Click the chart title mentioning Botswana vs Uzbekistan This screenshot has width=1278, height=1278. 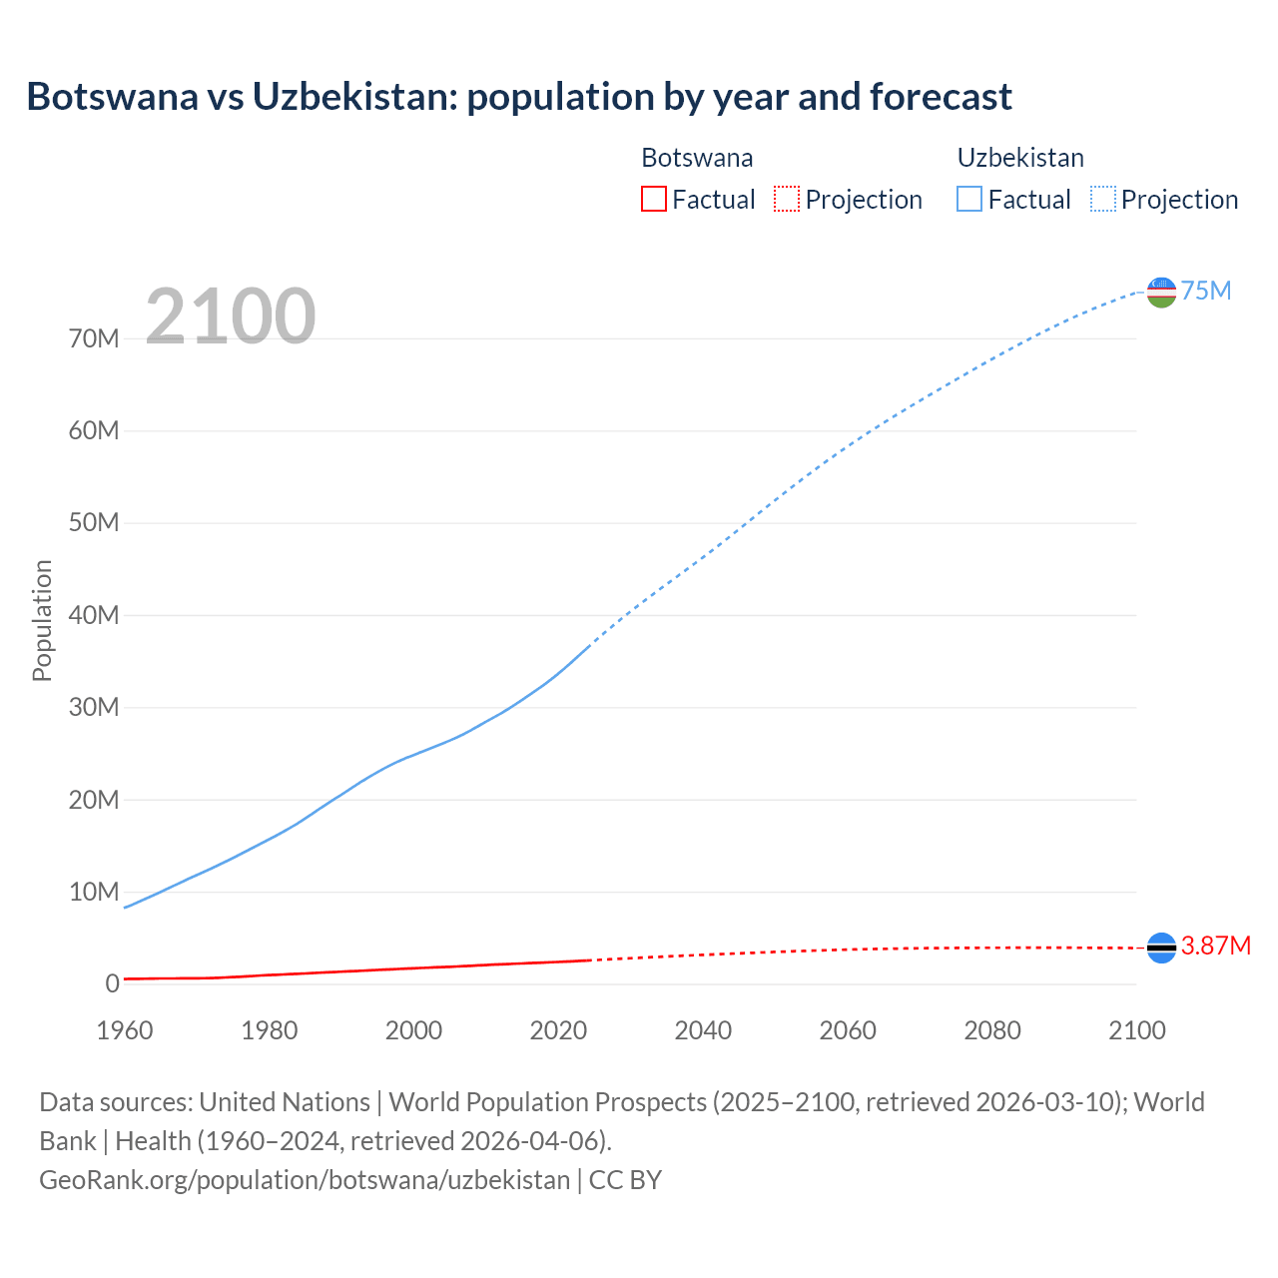(x=519, y=97)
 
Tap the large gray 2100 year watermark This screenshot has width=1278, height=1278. (x=231, y=317)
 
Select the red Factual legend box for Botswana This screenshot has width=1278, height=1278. (x=653, y=199)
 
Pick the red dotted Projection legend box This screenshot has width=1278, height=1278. (x=787, y=199)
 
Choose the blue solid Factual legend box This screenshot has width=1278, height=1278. (x=969, y=199)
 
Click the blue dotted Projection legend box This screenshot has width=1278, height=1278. (x=1103, y=199)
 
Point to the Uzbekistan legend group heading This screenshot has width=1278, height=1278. (x=1020, y=158)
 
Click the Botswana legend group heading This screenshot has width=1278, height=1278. (x=697, y=158)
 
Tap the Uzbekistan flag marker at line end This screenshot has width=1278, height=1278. (x=1161, y=292)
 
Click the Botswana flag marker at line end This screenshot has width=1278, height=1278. (x=1161, y=948)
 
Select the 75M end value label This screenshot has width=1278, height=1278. (x=1206, y=291)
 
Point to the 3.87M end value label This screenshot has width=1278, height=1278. (x=1216, y=946)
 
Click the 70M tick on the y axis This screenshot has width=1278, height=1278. (x=94, y=338)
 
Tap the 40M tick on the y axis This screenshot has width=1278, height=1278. (x=94, y=615)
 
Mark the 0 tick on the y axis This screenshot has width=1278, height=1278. (x=112, y=983)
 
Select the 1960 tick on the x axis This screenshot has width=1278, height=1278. (x=125, y=1030)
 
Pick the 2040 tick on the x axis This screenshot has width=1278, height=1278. (x=703, y=1030)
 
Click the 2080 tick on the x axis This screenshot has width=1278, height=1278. (x=992, y=1030)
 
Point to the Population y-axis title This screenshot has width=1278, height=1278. (x=42, y=620)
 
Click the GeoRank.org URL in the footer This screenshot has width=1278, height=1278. (x=305, y=1180)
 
